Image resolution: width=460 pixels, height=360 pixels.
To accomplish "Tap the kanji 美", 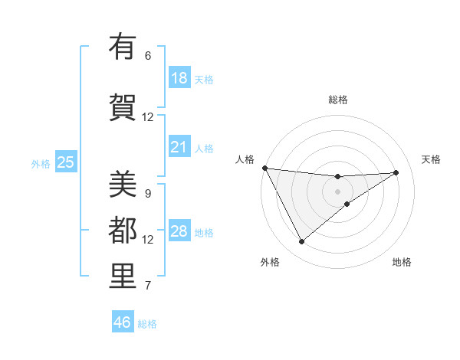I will [x=123, y=185].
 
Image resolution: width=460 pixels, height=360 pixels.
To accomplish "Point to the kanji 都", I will [x=123, y=231].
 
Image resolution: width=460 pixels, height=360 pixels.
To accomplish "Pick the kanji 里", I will [x=123, y=277].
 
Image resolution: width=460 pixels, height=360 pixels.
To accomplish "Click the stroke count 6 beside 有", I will [x=147, y=55].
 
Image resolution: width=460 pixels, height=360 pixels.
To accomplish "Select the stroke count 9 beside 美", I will [x=147, y=193].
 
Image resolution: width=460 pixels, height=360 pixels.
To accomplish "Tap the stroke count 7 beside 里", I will [x=147, y=286].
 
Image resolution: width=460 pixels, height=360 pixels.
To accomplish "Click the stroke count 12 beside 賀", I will [x=147, y=116].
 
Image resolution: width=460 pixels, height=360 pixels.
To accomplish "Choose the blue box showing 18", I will [x=179, y=78].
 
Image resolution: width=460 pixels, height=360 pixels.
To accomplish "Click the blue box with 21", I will [x=179, y=147].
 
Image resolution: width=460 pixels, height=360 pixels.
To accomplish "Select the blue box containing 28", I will [x=179, y=231].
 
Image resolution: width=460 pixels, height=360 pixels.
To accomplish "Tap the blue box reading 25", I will [x=65, y=162].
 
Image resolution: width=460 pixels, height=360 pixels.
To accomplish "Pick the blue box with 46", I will [x=123, y=322].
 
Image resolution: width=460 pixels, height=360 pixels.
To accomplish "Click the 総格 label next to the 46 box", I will [x=147, y=324].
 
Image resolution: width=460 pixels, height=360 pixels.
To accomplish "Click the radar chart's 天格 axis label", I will [x=432, y=159].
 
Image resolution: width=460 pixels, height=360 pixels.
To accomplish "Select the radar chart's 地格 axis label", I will [x=402, y=262].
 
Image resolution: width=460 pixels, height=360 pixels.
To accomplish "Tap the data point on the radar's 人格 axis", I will [x=264, y=168].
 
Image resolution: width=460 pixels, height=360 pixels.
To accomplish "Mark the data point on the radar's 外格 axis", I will [x=301, y=242].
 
